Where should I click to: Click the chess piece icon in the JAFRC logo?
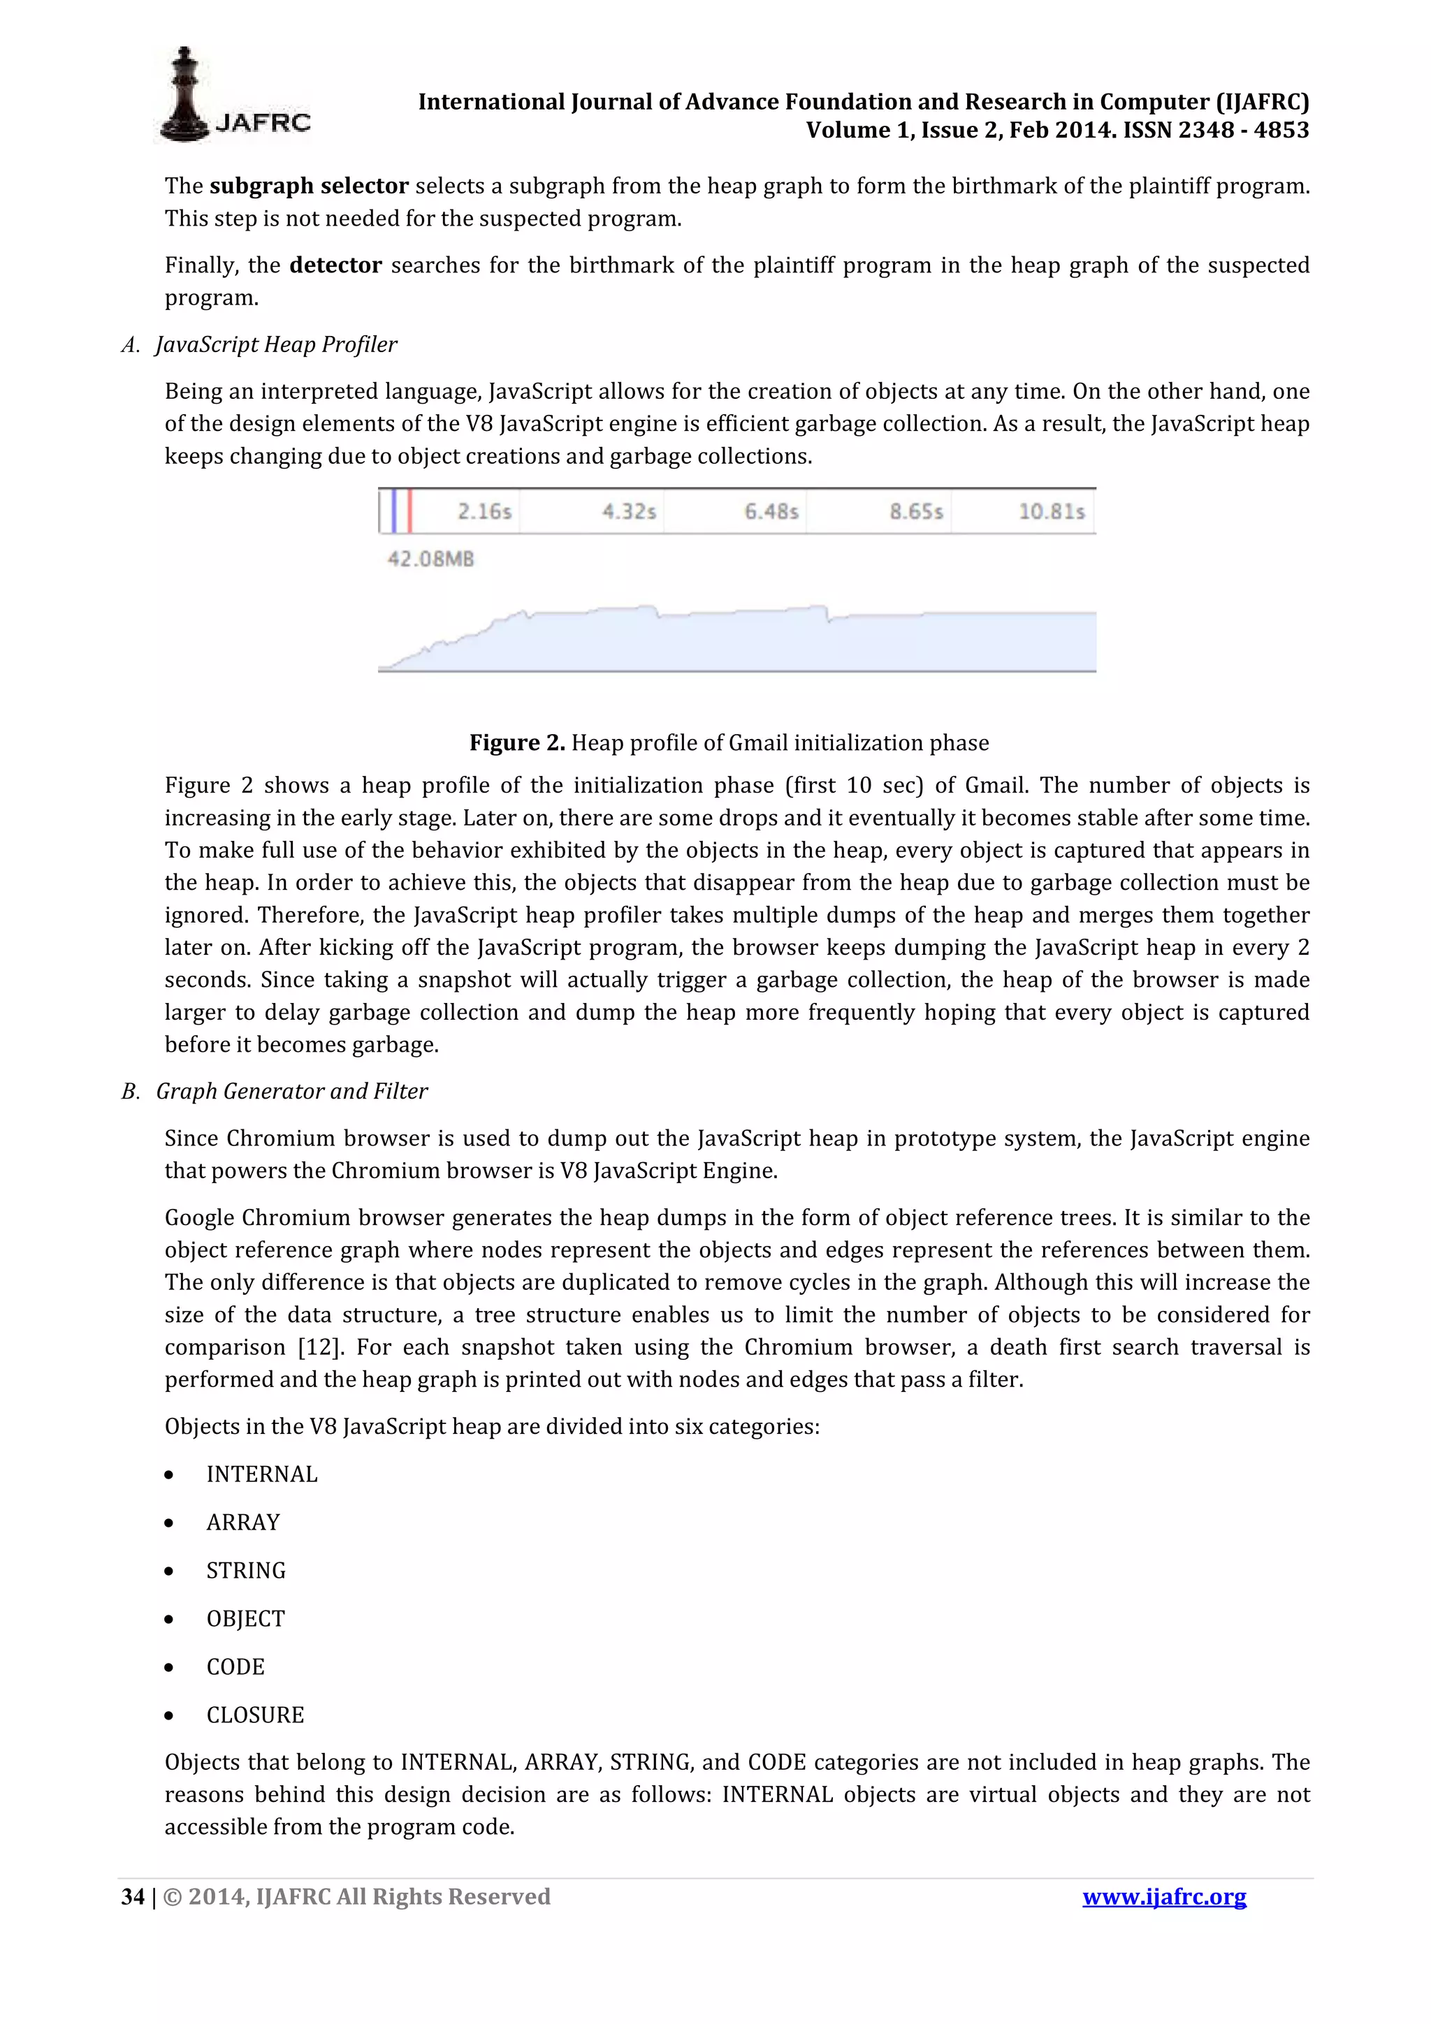click(x=184, y=94)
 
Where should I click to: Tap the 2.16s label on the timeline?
click(x=484, y=511)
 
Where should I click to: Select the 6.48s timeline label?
click(x=771, y=511)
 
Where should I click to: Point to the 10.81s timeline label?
click(x=1051, y=511)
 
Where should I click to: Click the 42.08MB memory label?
click(x=430, y=559)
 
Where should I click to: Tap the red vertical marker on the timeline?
click(x=410, y=511)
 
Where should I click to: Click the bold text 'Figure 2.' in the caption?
click(x=516, y=743)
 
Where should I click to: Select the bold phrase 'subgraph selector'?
click(x=309, y=186)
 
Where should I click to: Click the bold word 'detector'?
click(x=335, y=265)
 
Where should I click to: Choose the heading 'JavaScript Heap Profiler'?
click(x=276, y=345)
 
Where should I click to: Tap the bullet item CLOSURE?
click(x=255, y=1715)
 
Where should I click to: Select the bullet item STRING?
click(x=246, y=1570)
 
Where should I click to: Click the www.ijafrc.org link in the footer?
click(x=1164, y=1896)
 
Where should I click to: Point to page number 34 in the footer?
click(x=132, y=1896)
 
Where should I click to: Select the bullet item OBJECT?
click(x=245, y=1618)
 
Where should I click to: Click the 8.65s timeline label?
click(x=916, y=511)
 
